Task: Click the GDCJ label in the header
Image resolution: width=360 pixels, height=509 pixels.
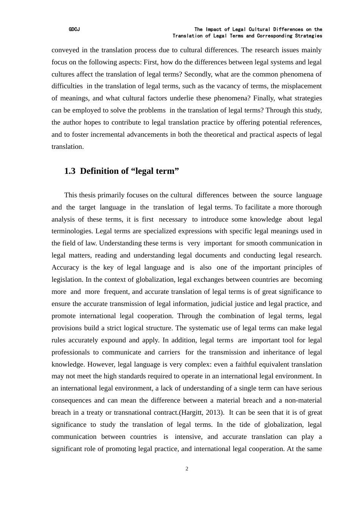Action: click(74, 30)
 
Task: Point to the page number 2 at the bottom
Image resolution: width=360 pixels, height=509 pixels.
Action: click(187, 469)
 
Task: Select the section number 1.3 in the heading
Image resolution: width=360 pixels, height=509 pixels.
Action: click(70, 171)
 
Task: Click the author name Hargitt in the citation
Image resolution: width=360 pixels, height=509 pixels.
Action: click(194, 413)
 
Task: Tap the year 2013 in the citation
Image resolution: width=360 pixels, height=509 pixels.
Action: click(214, 413)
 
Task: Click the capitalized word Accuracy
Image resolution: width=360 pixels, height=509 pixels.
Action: click(65, 267)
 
